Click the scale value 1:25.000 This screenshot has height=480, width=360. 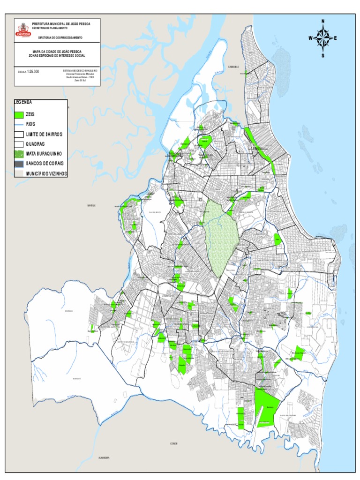click(x=33, y=72)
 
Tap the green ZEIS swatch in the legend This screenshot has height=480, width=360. click(x=19, y=114)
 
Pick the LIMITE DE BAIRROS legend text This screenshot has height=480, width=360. click(x=44, y=134)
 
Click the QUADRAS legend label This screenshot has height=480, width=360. click(x=35, y=144)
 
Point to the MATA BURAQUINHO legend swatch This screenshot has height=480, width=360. click(x=19, y=154)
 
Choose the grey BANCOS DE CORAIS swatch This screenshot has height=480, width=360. click(x=19, y=164)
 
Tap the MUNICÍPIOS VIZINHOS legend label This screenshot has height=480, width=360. click(x=46, y=173)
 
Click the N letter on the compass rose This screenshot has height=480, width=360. click(x=322, y=21)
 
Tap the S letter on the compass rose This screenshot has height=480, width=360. click(x=322, y=55)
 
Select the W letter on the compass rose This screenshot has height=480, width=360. click(x=310, y=38)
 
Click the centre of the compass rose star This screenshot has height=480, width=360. click(x=322, y=38)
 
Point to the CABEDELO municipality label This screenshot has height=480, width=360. click(x=234, y=67)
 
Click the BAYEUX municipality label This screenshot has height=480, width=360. click(x=91, y=205)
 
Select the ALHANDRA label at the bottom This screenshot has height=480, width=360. click(x=104, y=457)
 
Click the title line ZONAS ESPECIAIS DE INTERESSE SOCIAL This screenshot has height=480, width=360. click(x=57, y=55)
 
